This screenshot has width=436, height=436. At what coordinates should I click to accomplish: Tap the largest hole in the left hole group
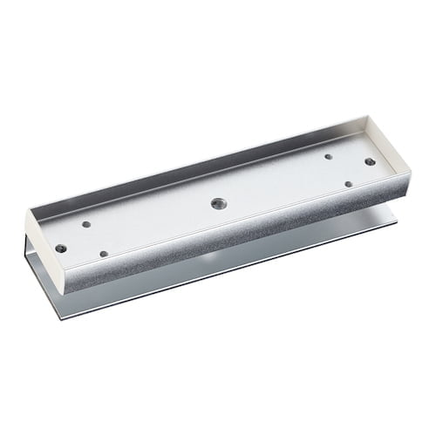click(x=60, y=248)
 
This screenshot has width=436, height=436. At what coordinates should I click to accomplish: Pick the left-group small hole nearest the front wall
click(x=104, y=254)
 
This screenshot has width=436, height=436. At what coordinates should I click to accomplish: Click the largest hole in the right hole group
click(x=370, y=161)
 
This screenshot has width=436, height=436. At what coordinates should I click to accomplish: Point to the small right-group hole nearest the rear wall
click(x=328, y=157)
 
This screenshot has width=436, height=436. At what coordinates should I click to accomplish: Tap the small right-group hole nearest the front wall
click(x=347, y=184)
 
